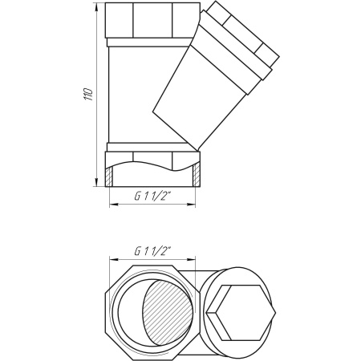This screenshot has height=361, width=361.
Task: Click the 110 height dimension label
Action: (x=89, y=94)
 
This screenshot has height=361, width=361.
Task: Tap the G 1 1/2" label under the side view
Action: (x=152, y=197)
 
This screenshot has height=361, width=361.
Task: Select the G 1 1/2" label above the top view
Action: (x=152, y=251)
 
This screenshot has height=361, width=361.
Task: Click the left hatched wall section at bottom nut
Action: (x=109, y=176)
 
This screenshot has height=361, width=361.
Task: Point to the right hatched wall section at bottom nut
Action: (x=197, y=175)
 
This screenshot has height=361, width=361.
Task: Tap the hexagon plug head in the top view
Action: (x=241, y=313)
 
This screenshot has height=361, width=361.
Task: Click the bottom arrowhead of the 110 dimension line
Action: (x=96, y=182)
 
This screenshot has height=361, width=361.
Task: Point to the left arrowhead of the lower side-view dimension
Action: (x=114, y=205)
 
